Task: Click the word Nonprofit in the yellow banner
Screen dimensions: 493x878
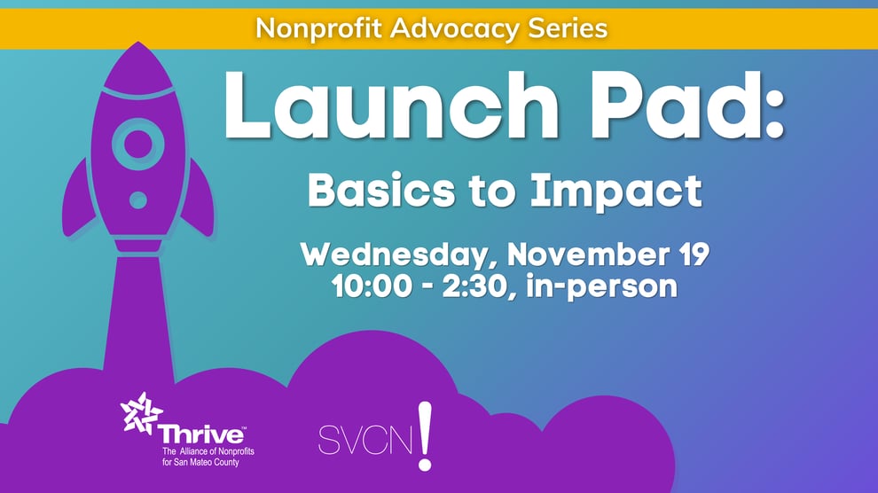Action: (x=307, y=27)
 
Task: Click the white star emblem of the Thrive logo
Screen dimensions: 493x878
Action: (x=142, y=413)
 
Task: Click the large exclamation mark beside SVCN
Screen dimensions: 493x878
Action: (x=425, y=434)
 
